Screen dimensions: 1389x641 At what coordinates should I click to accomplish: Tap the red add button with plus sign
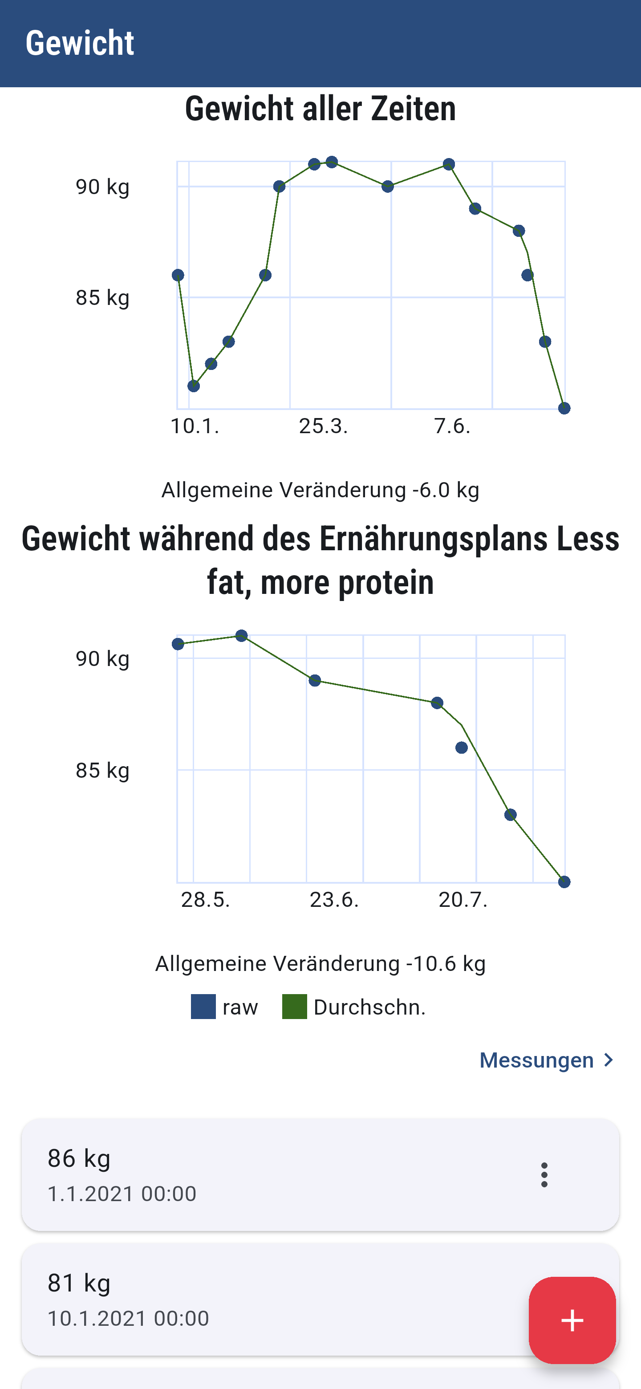[x=572, y=1320]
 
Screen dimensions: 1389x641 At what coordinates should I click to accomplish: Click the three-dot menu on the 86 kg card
[x=544, y=1174]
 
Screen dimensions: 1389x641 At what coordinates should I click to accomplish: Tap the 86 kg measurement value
[x=79, y=1158]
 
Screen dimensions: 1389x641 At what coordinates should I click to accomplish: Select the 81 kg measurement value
[x=79, y=1283]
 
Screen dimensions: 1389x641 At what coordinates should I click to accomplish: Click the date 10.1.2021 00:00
[x=128, y=1318]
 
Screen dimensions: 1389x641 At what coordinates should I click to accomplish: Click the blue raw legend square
[x=203, y=1007]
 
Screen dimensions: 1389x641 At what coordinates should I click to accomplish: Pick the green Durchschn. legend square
[x=294, y=1007]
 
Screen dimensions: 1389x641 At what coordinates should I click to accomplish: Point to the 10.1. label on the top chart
[x=195, y=426]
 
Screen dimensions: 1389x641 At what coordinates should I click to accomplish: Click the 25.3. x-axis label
[x=324, y=426]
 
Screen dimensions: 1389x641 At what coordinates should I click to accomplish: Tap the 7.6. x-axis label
[x=452, y=426]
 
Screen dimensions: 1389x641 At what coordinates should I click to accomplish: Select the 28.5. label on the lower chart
[x=205, y=899]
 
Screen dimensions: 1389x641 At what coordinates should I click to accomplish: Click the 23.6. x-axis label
[x=334, y=899]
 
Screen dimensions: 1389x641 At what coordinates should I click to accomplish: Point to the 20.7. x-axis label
[x=463, y=899]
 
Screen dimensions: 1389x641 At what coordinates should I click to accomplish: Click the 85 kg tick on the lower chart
[x=102, y=771]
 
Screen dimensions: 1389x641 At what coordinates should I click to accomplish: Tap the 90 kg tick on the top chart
[x=102, y=187]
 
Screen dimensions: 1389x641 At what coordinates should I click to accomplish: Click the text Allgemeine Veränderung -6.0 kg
[x=320, y=490]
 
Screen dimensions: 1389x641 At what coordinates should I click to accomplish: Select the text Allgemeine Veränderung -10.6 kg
[x=320, y=963]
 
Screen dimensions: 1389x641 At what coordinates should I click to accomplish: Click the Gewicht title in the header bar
[x=80, y=43]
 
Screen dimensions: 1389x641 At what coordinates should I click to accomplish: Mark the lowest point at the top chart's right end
[x=564, y=408]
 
